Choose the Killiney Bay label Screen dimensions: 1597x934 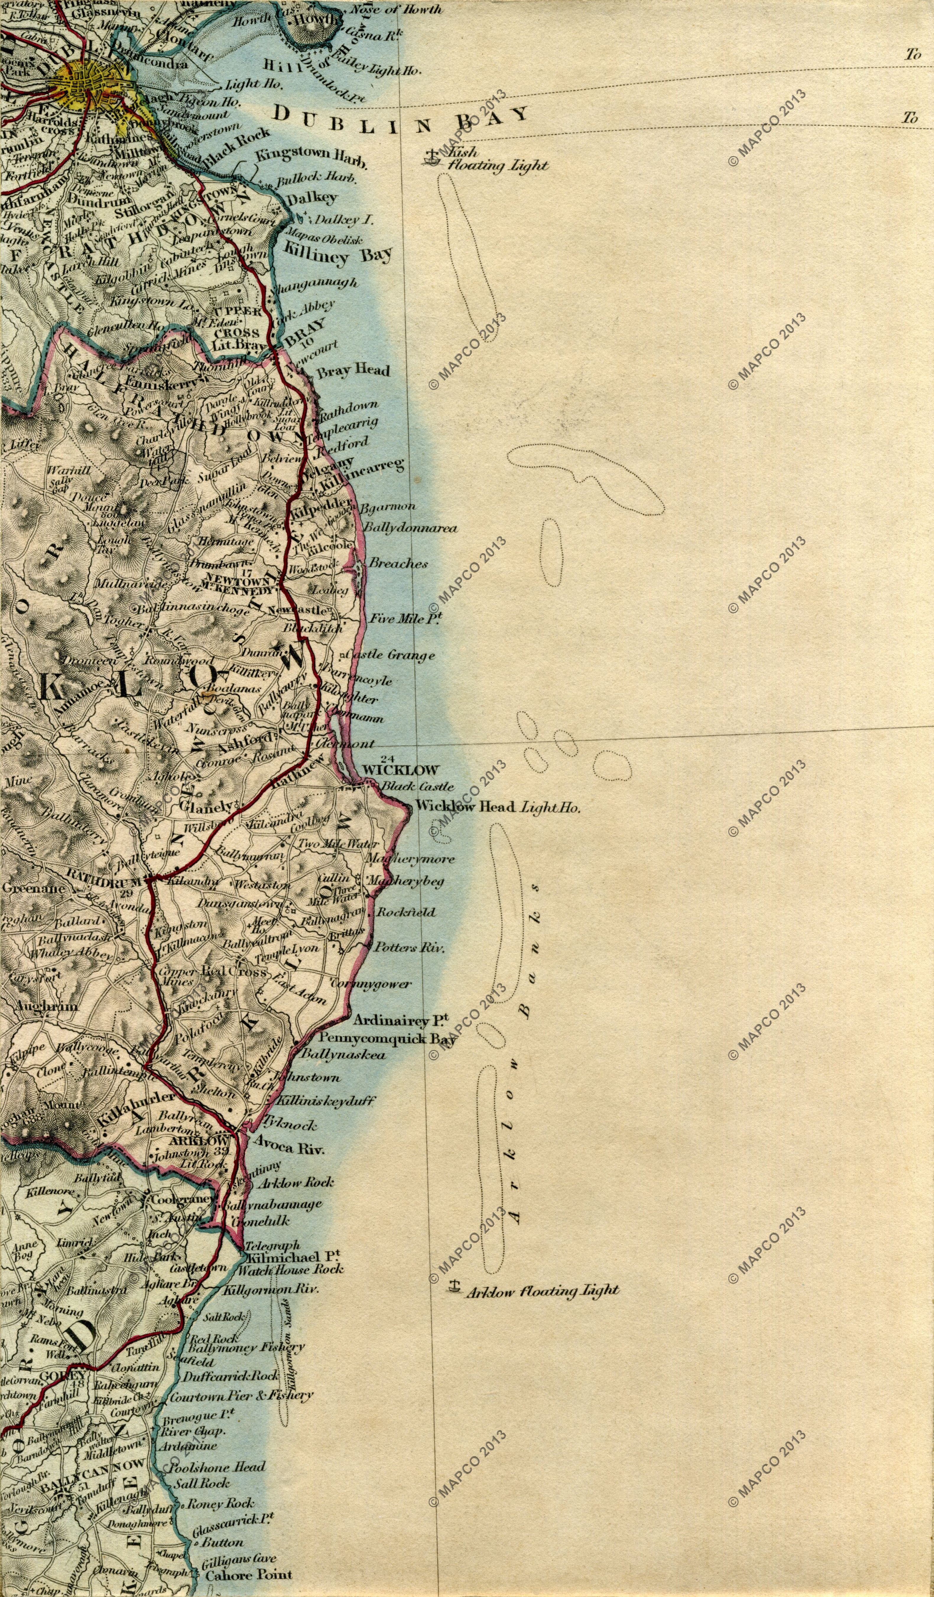coord(338,254)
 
